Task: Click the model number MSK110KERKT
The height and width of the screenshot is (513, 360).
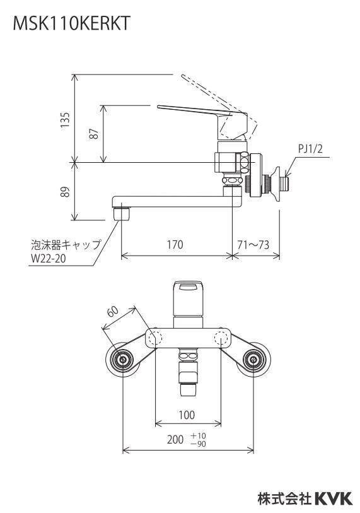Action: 72,23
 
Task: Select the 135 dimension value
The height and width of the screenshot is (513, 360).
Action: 65,120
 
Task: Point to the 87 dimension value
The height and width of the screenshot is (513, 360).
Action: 94,134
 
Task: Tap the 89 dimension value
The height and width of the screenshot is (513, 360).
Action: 65,192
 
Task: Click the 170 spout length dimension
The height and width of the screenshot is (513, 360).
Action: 175,245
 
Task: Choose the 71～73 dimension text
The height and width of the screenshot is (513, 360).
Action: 253,245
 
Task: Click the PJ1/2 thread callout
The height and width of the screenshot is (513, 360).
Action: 310,149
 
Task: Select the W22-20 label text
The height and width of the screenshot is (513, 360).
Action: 49,259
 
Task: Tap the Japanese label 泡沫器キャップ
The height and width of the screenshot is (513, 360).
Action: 66,244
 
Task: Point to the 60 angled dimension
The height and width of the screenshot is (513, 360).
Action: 113,312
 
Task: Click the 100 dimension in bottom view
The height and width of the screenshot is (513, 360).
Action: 187,415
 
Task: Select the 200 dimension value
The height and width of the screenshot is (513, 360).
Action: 175,439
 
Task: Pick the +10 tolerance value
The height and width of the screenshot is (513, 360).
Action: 199,436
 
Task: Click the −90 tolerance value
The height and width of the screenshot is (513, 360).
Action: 199,444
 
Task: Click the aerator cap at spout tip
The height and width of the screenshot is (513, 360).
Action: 121,214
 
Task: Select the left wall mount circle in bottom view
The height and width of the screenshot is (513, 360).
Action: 123,360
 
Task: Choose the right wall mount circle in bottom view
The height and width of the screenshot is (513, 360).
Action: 253,360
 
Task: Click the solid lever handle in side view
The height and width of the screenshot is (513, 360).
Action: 195,110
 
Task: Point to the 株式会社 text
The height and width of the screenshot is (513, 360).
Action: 284,499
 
